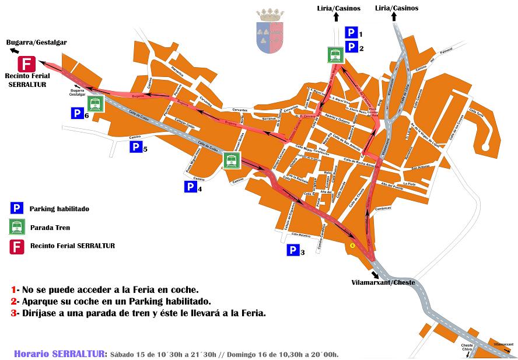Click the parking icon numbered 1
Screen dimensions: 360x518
pos(351,33)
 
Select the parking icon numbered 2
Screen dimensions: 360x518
pos(351,47)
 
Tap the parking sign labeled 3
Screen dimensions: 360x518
pos(292,251)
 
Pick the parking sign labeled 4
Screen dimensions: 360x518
pos(190,187)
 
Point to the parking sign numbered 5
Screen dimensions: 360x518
pos(136,147)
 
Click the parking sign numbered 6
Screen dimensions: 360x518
pos(78,114)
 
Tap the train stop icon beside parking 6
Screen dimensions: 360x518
pos(96,104)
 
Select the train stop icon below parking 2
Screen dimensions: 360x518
pos(335,55)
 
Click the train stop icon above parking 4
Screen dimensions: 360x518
pos(232,160)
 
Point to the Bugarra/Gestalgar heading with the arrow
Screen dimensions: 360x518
pos(36,43)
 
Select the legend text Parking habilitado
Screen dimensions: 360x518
pos(60,208)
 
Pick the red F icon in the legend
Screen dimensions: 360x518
pos(17,246)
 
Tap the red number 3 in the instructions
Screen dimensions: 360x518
pos(13,313)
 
